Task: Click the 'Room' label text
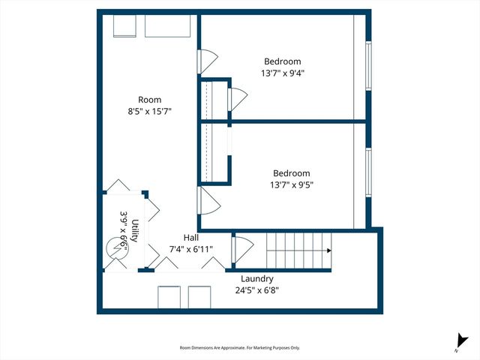[x=149, y=100]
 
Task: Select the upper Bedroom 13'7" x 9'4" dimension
[x=282, y=73]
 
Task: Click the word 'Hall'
[x=190, y=236]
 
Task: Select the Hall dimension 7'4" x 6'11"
[x=190, y=248]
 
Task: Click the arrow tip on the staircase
[x=330, y=251]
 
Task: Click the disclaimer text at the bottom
[x=239, y=347]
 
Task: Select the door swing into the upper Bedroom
[x=208, y=61]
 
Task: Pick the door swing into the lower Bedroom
[x=208, y=200]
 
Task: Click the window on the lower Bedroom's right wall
[x=367, y=173]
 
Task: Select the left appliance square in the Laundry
[x=169, y=297]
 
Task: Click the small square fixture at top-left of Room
[x=124, y=26]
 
